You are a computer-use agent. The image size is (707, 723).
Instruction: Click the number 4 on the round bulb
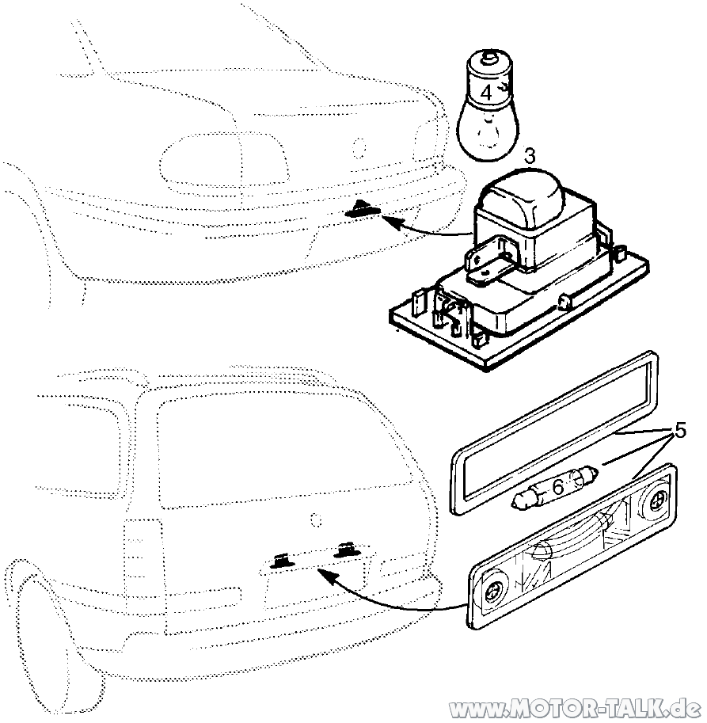[486, 93]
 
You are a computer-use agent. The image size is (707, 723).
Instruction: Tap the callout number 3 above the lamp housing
[530, 156]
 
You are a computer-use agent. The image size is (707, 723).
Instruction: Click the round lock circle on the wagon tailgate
[316, 519]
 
